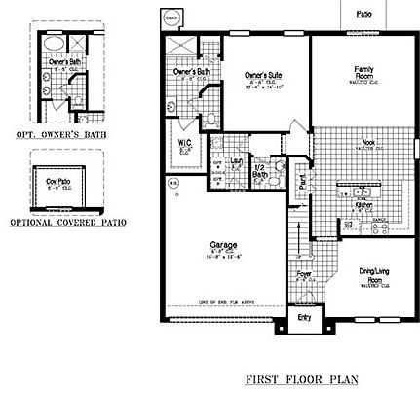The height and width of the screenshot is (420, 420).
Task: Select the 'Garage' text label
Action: tap(217, 247)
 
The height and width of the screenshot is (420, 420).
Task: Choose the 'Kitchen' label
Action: tap(363, 205)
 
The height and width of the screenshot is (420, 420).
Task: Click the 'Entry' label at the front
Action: tap(302, 317)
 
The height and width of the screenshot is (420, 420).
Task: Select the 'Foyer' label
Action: tap(304, 275)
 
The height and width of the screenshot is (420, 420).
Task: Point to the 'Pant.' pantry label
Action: tap(303, 179)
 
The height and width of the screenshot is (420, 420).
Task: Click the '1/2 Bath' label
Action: tap(259, 170)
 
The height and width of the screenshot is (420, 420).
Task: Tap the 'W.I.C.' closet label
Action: tap(185, 145)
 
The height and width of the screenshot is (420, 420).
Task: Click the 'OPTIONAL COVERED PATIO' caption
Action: tap(68, 222)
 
